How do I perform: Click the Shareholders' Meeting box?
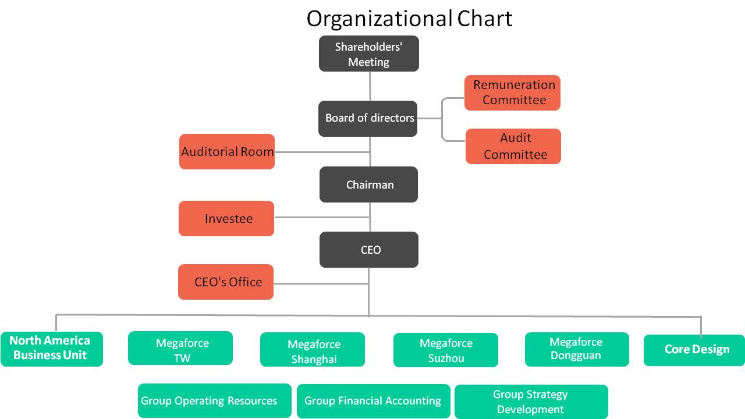(x=369, y=54)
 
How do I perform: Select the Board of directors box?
(x=368, y=119)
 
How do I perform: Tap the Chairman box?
(x=369, y=184)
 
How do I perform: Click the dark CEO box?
(x=369, y=250)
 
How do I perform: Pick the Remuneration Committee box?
(x=513, y=93)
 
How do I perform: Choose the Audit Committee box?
(x=513, y=146)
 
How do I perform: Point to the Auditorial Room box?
(x=227, y=152)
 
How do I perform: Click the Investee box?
(x=226, y=218)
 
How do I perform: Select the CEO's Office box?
(x=226, y=282)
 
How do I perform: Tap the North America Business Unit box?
(x=52, y=349)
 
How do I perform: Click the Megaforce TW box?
(x=180, y=348)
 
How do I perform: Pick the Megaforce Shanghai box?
(x=313, y=350)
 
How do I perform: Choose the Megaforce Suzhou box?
(x=446, y=350)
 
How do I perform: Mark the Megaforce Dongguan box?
(x=577, y=350)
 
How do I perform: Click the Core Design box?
(x=694, y=350)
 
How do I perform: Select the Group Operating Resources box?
(x=215, y=401)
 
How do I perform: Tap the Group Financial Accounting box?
(x=374, y=402)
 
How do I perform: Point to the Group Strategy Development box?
(x=531, y=402)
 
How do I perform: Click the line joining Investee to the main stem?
(x=322, y=218)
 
